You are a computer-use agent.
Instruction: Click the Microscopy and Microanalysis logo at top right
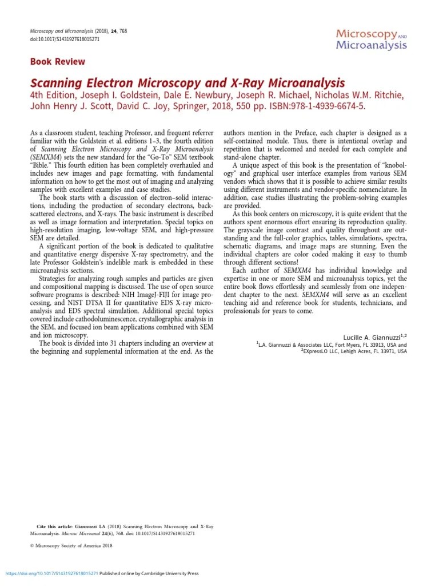point(372,39)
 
